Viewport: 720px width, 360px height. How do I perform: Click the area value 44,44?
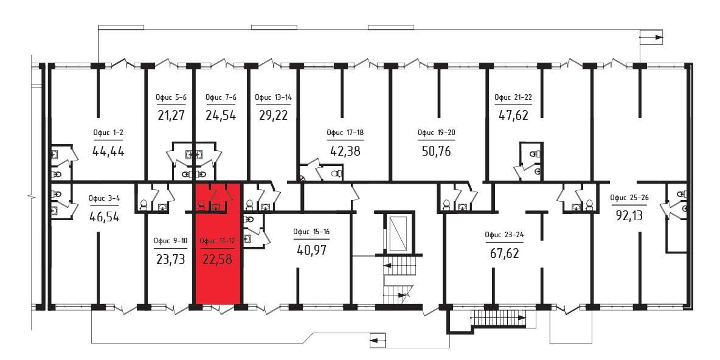point(108,151)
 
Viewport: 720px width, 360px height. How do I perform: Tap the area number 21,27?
point(171,115)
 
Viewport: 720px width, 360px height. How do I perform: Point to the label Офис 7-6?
point(221,97)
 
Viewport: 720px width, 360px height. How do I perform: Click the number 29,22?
point(273,115)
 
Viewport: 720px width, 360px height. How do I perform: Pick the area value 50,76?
point(436,151)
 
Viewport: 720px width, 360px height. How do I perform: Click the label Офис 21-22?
point(513,97)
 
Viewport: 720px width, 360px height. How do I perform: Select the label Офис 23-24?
point(504,235)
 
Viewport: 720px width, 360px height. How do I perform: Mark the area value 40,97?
point(312,251)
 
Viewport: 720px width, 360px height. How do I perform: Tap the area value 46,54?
point(104,216)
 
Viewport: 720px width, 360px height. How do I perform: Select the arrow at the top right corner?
point(652,37)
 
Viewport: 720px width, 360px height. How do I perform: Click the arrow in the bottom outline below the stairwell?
point(378,341)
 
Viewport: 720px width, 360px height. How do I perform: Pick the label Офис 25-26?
point(629,198)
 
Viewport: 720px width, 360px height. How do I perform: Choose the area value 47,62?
point(513,115)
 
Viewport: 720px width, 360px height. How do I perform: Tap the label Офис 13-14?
point(273,97)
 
